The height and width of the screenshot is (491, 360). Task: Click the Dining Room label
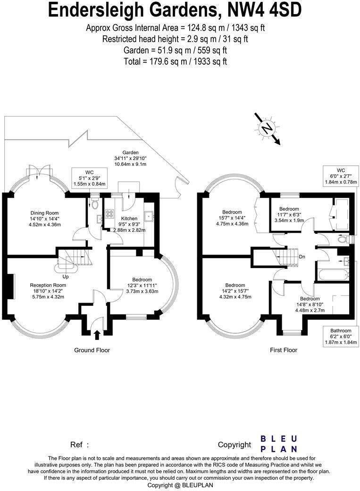pyautogui.click(x=44, y=213)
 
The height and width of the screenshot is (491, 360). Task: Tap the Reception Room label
pyautogui.click(x=48, y=285)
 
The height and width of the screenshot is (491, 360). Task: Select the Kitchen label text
pyautogui.click(x=129, y=219)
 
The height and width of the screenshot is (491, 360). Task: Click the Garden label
pyautogui.click(x=130, y=152)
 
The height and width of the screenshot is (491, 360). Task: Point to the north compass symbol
pyautogui.click(x=267, y=128)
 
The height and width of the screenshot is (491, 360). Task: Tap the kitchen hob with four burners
pyautogui.click(x=109, y=214)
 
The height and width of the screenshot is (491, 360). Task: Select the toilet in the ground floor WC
pyautogui.click(x=95, y=203)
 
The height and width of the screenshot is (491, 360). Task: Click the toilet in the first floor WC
pyautogui.click(x=344, y=239)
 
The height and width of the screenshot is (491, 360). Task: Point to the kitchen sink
pyautogui.click(x=148, y=215)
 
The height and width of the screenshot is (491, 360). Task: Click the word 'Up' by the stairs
pyautogui.click(x=66, y=277)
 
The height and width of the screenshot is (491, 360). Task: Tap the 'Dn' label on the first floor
pyautogui.click(x=302, y=257)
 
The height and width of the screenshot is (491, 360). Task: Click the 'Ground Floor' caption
pyautogui.click(x=92, y=350)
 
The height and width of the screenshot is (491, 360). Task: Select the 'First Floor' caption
pyautogui.click(x=284, y=350)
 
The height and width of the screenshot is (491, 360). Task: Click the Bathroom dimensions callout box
pyautogui.click(x=341, y=336)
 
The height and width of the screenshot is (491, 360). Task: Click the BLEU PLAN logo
pyautogui.click(x=279, y=444)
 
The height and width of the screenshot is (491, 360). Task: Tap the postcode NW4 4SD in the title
pyautogui.click(x=265, y=10)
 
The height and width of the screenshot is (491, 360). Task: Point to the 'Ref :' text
pyautogui.click(x=80, y=445)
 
